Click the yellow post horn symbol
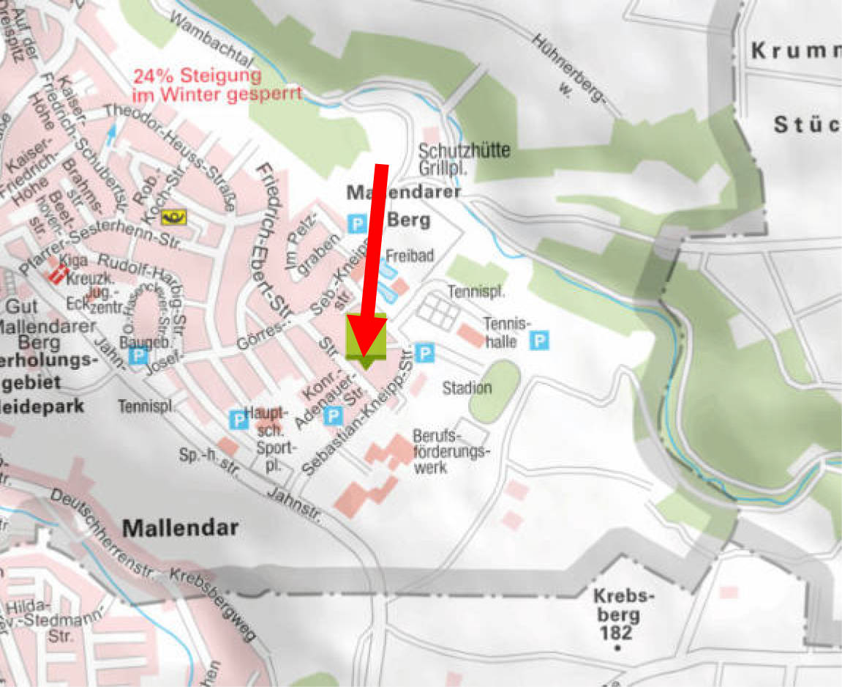[175, 215]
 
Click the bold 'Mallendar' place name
[180, 527]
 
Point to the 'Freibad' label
[410, 256]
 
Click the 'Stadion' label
[467, 387]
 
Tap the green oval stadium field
[495, 391]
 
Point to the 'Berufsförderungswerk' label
[448, 450]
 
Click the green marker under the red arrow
[366, 338]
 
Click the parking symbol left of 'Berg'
[357, 223]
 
